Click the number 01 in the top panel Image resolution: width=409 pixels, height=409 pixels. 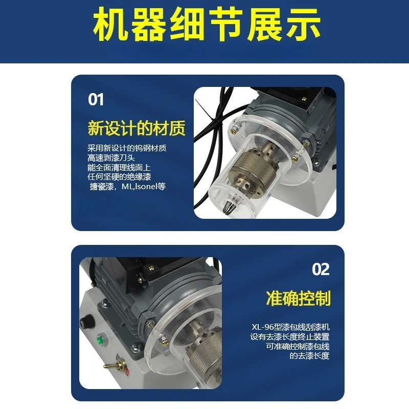96,100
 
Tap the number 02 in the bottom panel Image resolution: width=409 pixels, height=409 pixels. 321,269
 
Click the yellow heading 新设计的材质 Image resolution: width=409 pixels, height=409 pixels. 137,128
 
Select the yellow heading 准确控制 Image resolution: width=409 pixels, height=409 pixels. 298,298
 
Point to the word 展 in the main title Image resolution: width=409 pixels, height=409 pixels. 265,25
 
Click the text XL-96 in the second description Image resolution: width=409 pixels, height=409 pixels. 261,327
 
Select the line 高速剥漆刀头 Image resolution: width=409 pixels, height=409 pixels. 111,158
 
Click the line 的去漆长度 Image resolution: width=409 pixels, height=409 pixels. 309,356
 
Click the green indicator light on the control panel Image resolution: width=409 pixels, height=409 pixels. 100,339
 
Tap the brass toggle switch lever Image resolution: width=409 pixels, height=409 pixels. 112,365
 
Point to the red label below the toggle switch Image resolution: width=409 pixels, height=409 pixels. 126,372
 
